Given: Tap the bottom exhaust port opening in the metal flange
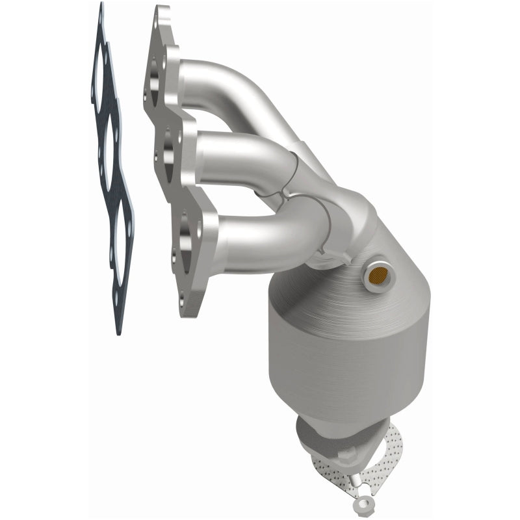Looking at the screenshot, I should (x=187, y=231).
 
